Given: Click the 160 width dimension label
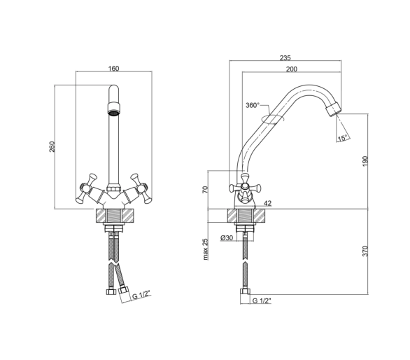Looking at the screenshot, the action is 113,69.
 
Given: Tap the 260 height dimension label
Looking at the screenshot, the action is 52,146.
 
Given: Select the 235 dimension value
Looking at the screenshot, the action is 285,57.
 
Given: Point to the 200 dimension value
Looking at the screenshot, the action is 292,69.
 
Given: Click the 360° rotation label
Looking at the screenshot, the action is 253,105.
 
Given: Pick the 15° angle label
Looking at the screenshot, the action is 343,138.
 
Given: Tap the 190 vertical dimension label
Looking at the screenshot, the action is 365,161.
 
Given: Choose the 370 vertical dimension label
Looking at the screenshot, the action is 365,251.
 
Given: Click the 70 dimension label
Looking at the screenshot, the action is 205,190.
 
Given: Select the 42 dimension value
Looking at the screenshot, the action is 268,203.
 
